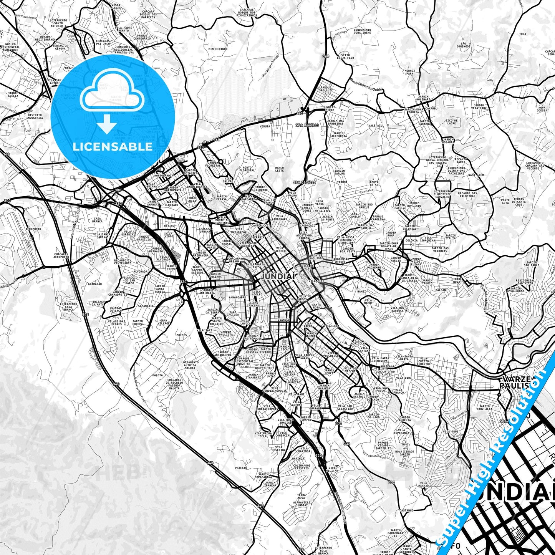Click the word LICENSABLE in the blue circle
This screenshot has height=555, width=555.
click(x=113, y=146)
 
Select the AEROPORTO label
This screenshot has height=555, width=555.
click(x=33, y=229)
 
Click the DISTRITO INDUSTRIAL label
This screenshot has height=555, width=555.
click(x=35, y=116)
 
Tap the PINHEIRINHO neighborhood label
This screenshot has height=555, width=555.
click(x=218, y=49)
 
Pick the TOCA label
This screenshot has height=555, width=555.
click(x=523, y=34)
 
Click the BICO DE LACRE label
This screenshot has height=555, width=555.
click(x=451, y=122)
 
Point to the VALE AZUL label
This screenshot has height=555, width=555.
click(x=376, y=126)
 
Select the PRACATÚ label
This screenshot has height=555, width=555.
click(x=241, y=468)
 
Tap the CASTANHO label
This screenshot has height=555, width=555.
click(x=406, y=510)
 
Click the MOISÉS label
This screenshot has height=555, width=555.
click(x=182, y=335)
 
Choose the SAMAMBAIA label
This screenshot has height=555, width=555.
click(x=146, y=306)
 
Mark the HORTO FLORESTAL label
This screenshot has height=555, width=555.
click(x=247, y=169)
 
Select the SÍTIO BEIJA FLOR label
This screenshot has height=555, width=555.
click(x=345, y=56)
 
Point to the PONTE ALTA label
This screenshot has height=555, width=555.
click(x=505, y=201)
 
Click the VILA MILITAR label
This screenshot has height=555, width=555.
click(x=332, y=469)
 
